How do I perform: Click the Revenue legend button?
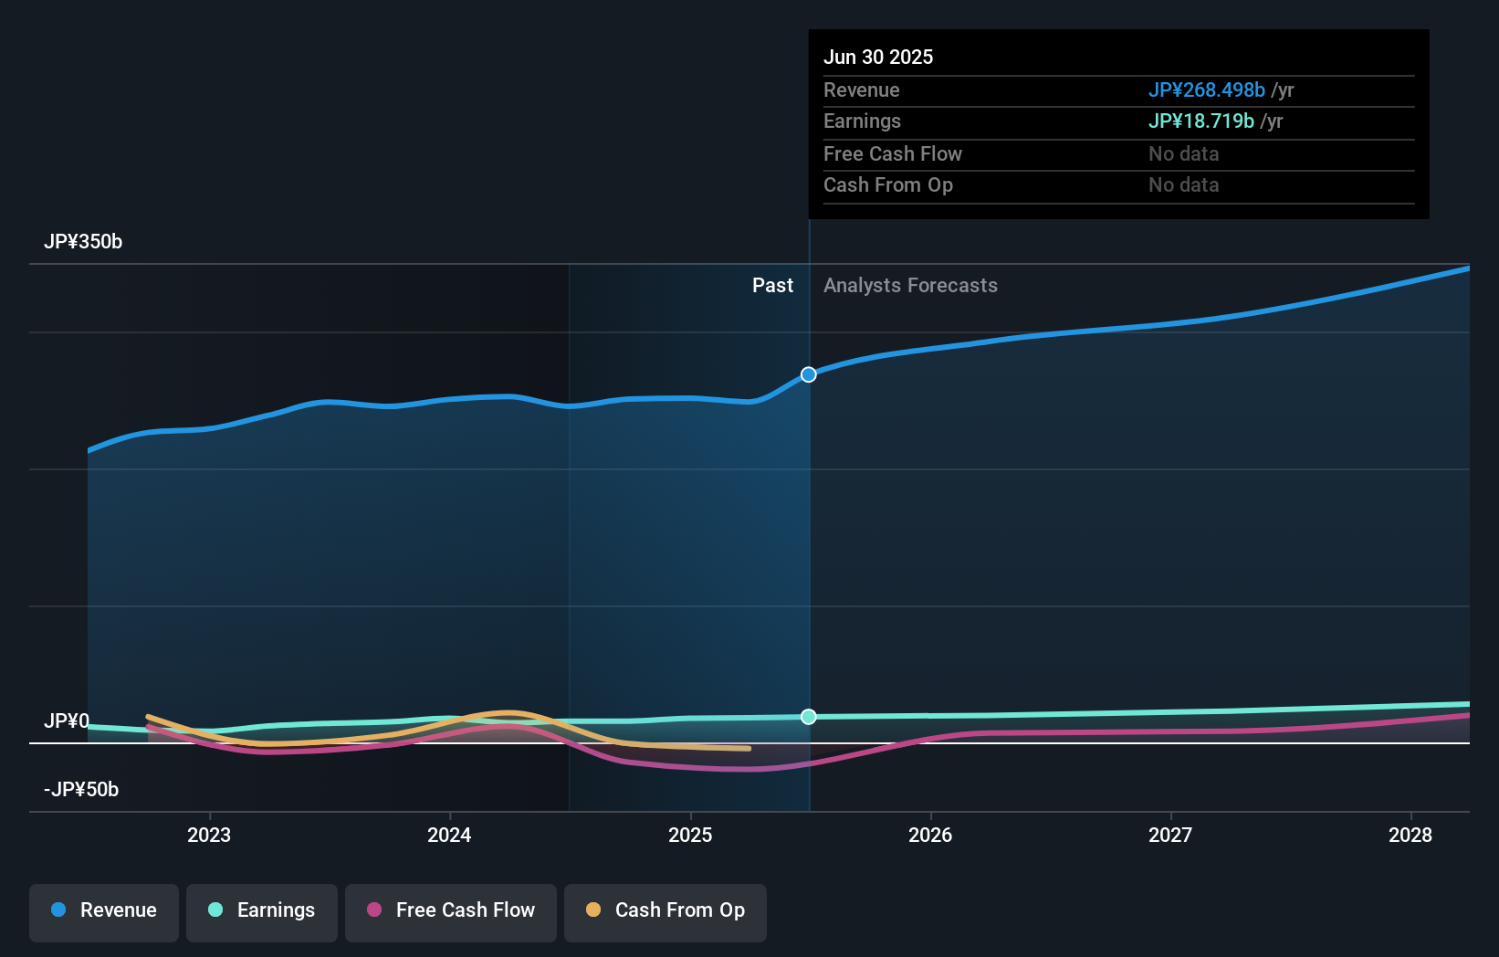pos(104,910)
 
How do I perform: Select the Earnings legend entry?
pos(262,910)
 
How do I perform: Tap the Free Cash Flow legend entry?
pos(451,910)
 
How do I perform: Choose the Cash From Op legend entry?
pos(666,910)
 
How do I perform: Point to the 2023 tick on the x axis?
pos(209,835)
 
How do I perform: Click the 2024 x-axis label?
pos(449,835)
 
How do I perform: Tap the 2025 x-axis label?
pos(690,835)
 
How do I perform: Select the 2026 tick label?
pos(930,835)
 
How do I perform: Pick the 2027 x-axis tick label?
pos(1170,835)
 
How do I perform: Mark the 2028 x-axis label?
pos(1410,835)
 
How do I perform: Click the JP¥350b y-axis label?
pos(83,242)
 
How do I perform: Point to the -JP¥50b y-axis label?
pos(81,790)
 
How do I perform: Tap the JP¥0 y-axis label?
pos(67,721)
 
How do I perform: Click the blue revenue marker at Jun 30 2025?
pos(809,374)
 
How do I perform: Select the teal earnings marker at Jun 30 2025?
pos(809,717)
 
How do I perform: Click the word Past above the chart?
pos(772,286)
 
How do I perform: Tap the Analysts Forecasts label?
pos(910,286)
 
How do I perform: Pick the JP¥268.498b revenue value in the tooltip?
pos(1206,90)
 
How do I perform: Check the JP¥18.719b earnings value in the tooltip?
pos(1200,121)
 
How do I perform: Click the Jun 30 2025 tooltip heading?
pos(878,58)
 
